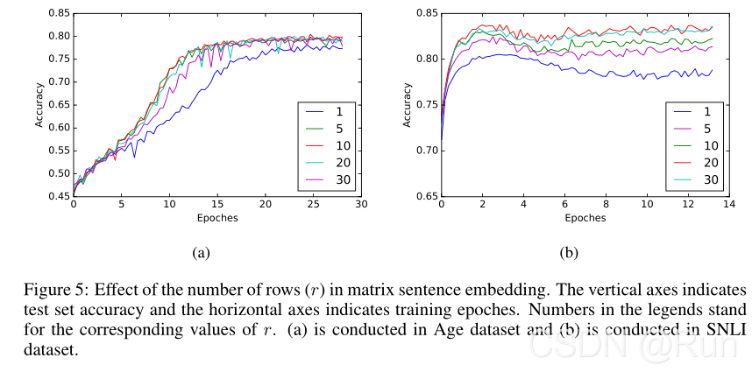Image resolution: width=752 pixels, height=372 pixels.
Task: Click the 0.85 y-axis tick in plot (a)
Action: [59, 13]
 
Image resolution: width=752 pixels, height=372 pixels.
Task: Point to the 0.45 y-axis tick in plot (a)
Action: [59, 196]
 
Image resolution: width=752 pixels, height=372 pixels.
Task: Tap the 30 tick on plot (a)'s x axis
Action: [360, 205]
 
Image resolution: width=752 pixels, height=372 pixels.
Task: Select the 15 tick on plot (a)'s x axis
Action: [216, 205]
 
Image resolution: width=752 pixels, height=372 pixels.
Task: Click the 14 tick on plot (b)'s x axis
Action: [731, 205]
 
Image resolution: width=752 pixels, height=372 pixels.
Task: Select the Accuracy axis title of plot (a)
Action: [39, 105]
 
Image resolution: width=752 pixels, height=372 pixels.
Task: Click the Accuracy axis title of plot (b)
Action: [407, 105]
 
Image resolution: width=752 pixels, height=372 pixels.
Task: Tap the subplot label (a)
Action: [201, 253]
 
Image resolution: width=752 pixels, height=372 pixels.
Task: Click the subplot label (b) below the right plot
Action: [569, 253]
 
